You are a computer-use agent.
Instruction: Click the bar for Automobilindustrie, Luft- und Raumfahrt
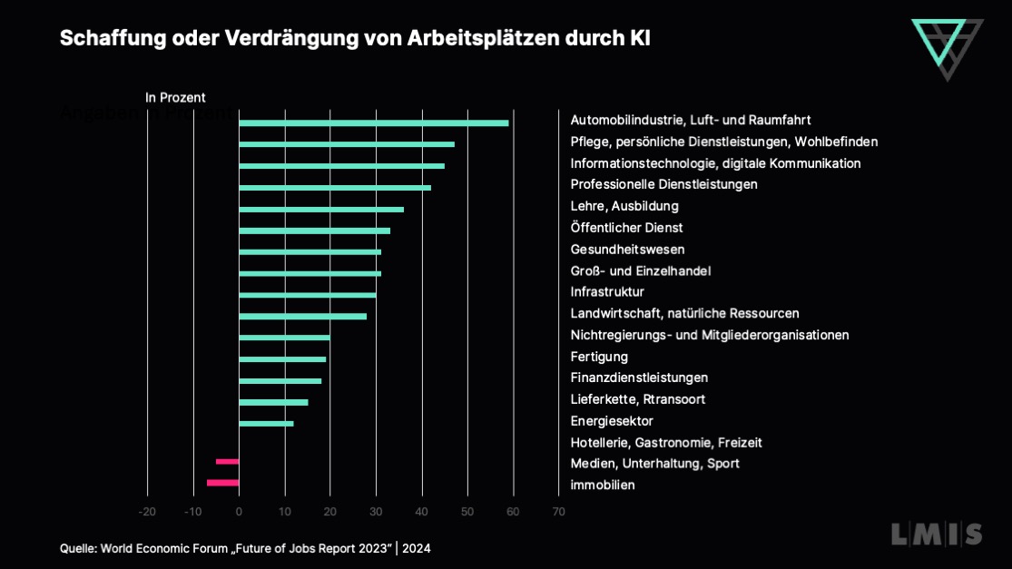click(x=373, y=123)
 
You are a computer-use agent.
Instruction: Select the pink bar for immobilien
click(x=222, y=483)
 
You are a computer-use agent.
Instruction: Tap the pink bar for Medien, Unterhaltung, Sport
click(x=227, y=461)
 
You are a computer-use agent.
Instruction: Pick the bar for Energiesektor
click(x=266, y=424)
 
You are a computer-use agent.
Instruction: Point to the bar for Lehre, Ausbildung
click(x=321, y=210)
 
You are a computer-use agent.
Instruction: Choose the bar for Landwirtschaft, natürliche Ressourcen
click(x=302, y=317)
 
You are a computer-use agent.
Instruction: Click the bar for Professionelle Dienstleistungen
click(x=335, y=188)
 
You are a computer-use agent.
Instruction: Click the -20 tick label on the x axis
click(x=147, y=512)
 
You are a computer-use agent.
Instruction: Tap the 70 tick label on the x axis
click(x=558, y=512)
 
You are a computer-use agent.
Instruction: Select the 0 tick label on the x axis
click(x=239, y=512)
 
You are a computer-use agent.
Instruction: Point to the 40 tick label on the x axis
click(x=421, y=512)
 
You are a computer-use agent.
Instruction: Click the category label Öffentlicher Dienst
click(x=626, y=228)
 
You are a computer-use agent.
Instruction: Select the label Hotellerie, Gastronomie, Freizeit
click(x=665, y=443)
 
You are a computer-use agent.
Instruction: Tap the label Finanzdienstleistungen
click(x=639, y=378)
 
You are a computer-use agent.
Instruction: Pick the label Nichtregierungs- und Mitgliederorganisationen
click(x=709, y=335)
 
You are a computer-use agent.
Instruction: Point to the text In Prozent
click(x=175, y=97)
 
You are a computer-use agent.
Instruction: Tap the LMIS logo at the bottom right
click(x=936, y=535)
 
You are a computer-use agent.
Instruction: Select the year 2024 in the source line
click(x=418, y=548)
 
